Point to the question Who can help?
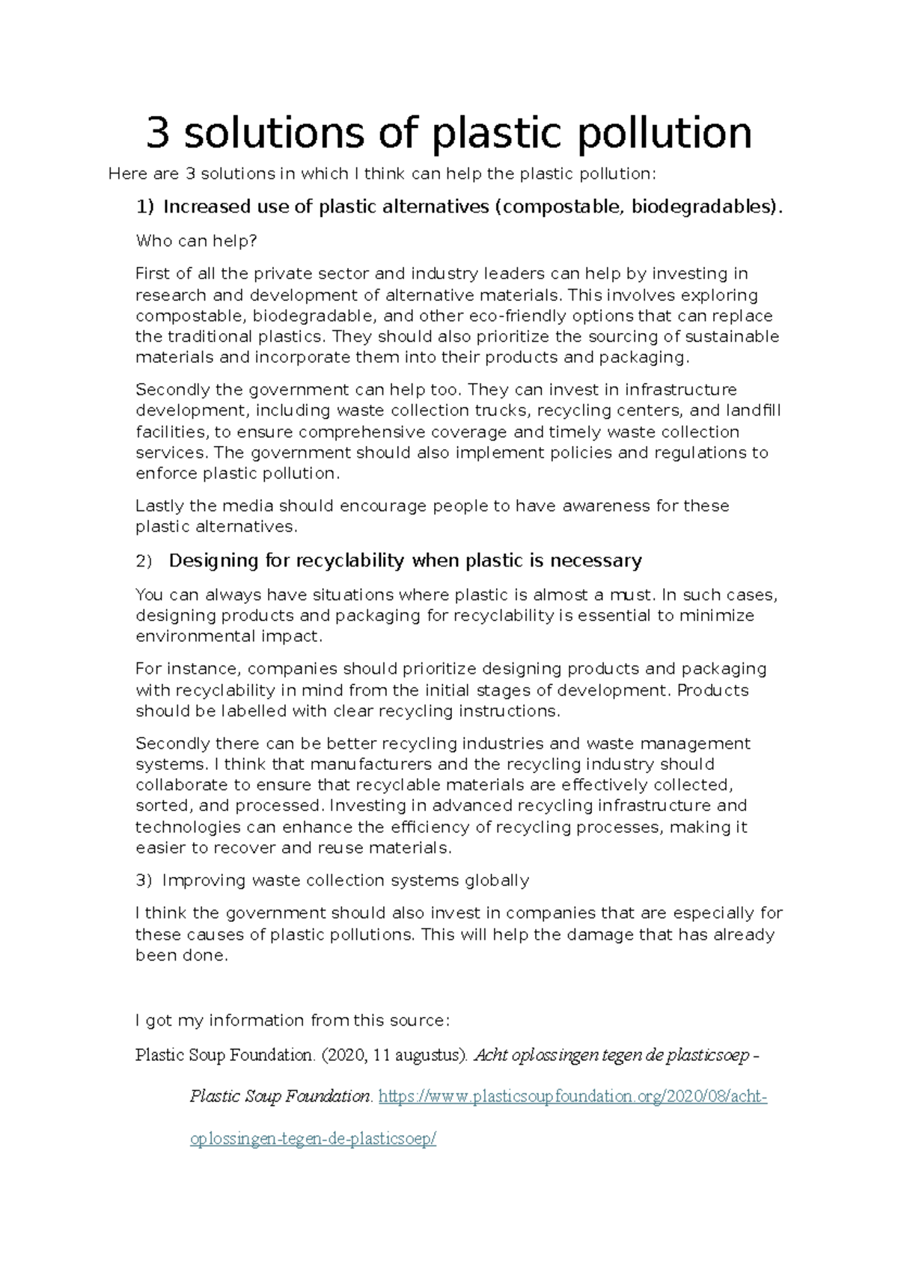pos(196,241)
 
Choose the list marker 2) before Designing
pos(143,561)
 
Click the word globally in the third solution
pos(497,881)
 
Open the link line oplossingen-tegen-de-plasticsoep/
pos(313,1140)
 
